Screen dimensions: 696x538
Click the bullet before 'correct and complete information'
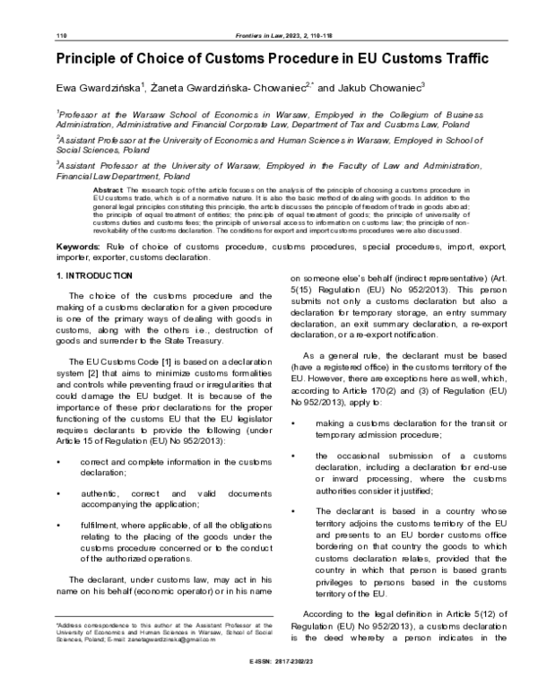58,461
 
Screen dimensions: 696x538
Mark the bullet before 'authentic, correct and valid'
58,493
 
